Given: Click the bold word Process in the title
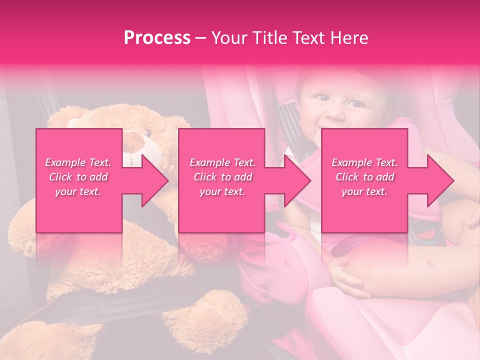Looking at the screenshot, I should pos(157,38).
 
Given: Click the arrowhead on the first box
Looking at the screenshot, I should pos(152,180).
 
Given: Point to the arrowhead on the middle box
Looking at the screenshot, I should pos(295,180).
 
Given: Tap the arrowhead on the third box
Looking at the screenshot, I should pos(438,180).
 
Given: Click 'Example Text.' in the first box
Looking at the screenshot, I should pos(78,162).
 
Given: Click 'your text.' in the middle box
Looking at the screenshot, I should pos(222,191).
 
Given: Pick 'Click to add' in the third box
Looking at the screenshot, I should pos(364,177).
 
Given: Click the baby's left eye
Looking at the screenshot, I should pos(356,104).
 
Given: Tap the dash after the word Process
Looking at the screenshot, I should pos(201,38).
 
